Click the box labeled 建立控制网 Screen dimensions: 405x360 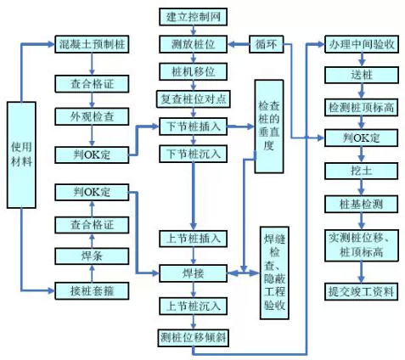click(x=193, y=17)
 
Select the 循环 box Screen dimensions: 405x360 click(x=267, y=44)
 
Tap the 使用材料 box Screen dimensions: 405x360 click(x=21, y=155)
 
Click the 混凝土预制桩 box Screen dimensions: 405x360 click(x=92, y=44)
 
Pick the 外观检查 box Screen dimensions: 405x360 click(x=92, y=116)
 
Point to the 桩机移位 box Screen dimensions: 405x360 click(x=193, y=71)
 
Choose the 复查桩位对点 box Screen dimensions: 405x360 click(x=194, y=99)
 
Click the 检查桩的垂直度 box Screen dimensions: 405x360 click(x=269, y=127)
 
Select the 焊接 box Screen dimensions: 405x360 click(x=193, y=273)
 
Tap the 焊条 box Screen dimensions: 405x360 click(x=92, y=256)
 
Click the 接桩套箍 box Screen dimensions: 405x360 click(x=92, y=290)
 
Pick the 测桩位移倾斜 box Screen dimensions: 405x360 click(x=194, y=338)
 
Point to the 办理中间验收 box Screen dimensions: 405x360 click(x=362, y=44)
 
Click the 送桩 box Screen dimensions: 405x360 click(x=362, y=75)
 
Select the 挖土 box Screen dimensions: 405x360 click(x=362, y=171)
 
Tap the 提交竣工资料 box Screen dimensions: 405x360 click(x=361, y=291)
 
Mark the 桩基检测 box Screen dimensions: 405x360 click(x=361, y=204)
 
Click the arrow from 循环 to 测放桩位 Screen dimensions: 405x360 click(x=239, y=44)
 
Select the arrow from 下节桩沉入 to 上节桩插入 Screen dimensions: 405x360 click(x=194, y=196)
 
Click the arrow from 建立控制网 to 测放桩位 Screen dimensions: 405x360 click(x=194, y=31)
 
